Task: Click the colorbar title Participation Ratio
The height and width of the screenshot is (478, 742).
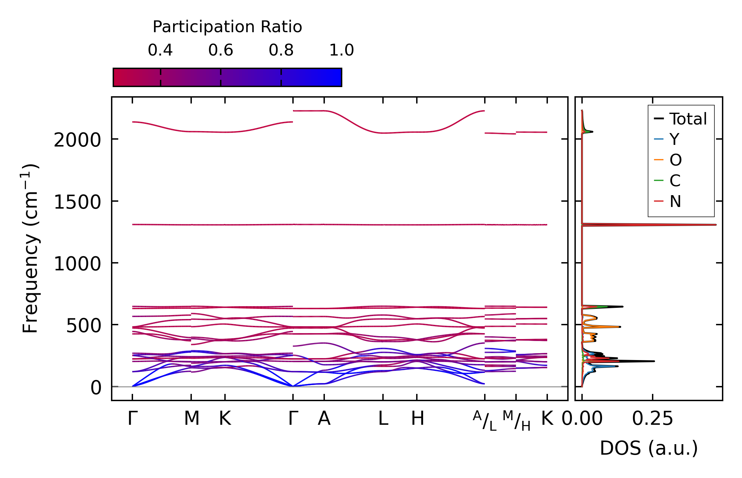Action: click(227, 27)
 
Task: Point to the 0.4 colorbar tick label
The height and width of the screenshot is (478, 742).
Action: click(160, 50)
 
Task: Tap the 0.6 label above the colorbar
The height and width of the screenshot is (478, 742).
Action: click(220, 50)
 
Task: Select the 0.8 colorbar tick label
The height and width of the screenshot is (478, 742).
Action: click(281, 50)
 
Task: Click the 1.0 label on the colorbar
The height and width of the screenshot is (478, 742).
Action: click(341, 50)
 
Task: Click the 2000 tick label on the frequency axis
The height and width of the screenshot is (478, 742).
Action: click(77, 141)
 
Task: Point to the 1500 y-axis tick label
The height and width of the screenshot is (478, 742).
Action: click(77, 202)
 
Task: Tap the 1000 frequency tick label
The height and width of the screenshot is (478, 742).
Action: click(77, 264)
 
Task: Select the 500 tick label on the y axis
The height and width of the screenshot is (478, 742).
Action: click(83, 326)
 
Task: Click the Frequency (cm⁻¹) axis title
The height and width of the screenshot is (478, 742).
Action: click(30, 248)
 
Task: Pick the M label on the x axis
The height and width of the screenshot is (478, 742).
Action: click(191, 419)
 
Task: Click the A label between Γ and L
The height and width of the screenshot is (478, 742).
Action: click(324, 419)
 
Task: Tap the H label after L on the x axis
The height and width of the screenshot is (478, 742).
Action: click(417, 419)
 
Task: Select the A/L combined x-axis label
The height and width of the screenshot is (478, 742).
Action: click(485, 421)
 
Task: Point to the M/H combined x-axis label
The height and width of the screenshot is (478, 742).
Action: click(516, 421)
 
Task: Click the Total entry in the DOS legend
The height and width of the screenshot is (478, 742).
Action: click(688, 119)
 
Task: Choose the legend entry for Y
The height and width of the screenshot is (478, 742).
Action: click(674, 139)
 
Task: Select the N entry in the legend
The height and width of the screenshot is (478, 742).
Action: click(675, 201)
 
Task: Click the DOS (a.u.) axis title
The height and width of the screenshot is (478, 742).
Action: click(649, 448)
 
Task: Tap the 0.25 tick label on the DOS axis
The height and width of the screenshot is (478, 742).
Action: click(652, 419)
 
